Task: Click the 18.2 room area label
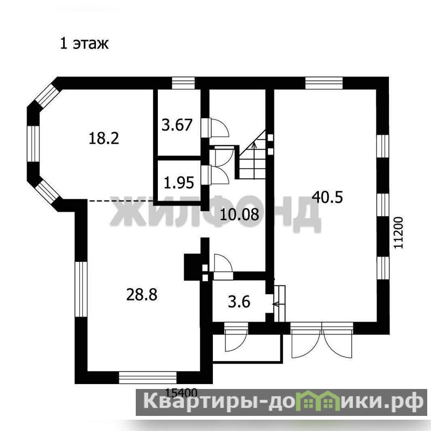click(x=104, y=138)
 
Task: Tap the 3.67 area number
click(x=177, y=125)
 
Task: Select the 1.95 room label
click(x=179, y=183)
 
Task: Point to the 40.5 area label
click(x=328, y=197)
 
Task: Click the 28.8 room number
click(x=142, y=294)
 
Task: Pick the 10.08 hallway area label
click(x=240, y=214)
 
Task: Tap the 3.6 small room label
click(x=239, y=302)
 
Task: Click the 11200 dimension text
click(x=398, y=233)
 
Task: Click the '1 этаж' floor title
click(x=85, y=44)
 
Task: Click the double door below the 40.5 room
click(x=322, y=340)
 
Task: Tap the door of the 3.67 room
click(x=215, y=127)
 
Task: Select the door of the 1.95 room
click(x=215, y=175)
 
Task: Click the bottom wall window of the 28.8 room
click(x=148, y=378)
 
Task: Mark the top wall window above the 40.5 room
click(x=324, y=83)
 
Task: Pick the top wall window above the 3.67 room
click(x=183, y=83)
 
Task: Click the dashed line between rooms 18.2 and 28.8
click(x=120, y=201)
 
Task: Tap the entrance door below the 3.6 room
click(x=236, y=337)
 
